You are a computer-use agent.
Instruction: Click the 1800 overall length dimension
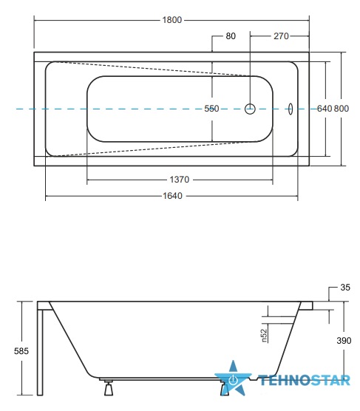[x=172, y=20]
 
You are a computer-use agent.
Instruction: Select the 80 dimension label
[x=231, y=36]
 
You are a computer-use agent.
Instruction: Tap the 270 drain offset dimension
[x=281, y=36]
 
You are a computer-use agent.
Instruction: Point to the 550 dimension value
[x=211, y=109]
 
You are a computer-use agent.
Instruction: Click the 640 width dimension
[x=325, y=109]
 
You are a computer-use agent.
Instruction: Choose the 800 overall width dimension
[x=342, y=109]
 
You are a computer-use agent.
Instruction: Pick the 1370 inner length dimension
[x=180, y=180]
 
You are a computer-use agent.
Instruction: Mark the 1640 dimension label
[x=172, y=196]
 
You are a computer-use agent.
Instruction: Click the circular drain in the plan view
[x=250, y=109]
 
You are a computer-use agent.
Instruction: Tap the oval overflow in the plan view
[x=291, y=109]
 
